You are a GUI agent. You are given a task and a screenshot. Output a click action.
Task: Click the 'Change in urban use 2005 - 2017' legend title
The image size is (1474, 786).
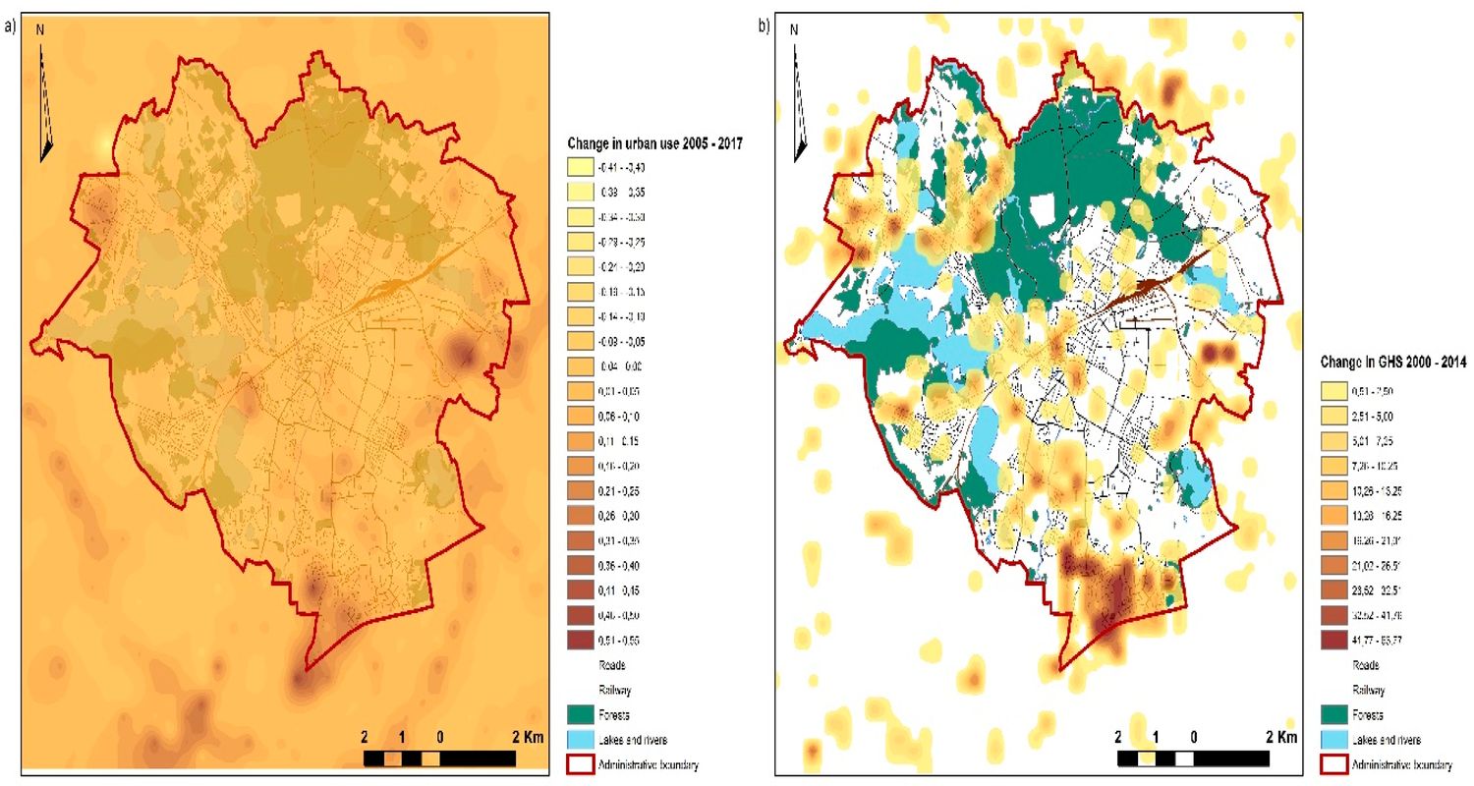click(653, 144)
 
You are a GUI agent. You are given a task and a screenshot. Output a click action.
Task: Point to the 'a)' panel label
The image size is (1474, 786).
click(10, 28)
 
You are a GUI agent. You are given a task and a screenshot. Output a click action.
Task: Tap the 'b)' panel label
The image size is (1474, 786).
click(764, 28)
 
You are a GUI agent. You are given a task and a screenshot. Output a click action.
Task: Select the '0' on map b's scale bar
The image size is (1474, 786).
click(1193, 737)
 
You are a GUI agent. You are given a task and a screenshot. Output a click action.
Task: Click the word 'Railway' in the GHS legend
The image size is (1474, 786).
click(1369, 689)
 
